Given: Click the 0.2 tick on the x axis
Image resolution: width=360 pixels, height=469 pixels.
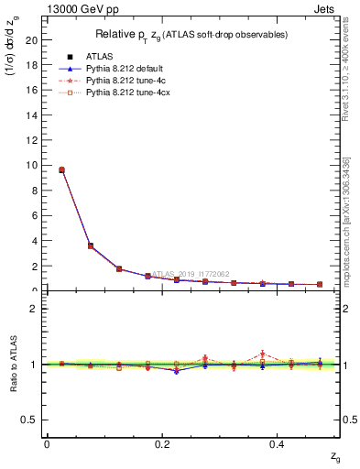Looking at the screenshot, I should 162,444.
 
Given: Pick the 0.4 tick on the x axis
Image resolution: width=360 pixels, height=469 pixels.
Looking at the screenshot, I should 278,444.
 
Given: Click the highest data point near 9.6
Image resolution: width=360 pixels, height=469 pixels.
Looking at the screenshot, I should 61,169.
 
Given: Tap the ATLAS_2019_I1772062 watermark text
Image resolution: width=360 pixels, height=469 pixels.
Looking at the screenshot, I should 193,273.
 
